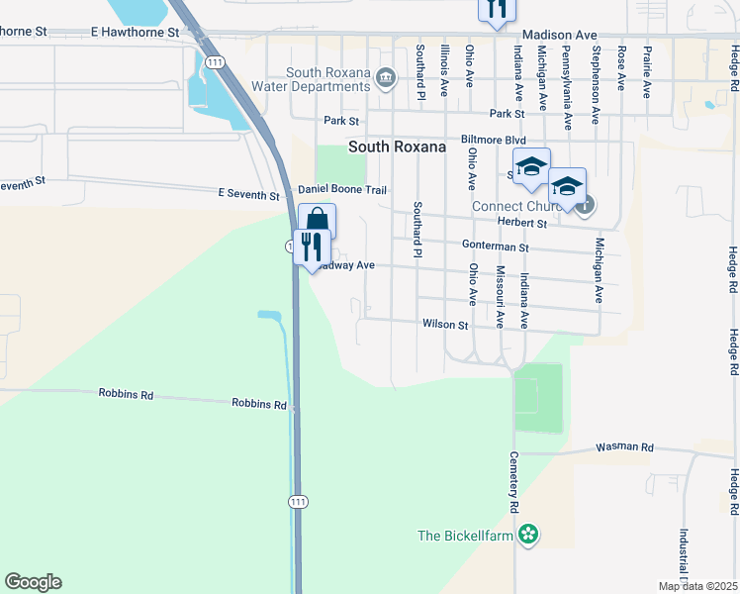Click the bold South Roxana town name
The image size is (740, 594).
[397, 147]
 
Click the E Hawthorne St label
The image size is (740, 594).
[135, 32]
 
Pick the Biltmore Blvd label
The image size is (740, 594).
[493, 141]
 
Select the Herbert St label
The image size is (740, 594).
[523, 223]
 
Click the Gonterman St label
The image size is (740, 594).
[496, 246]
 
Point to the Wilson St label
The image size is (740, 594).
[444, 324]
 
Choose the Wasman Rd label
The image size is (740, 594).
[624, 447]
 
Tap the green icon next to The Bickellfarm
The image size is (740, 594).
[529, 535]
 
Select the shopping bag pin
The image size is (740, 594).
[318, 221]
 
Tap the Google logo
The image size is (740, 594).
[33, 582]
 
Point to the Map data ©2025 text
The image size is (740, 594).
[697, 586]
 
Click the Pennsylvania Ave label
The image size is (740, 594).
[567, 87]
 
